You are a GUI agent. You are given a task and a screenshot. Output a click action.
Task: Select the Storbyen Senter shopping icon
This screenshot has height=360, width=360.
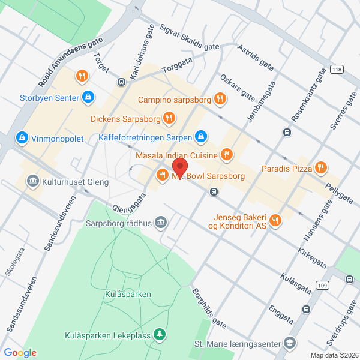click(x=88, y=96)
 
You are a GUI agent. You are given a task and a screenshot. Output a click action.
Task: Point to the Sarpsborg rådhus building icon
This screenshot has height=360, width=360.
click(x=160, y=223)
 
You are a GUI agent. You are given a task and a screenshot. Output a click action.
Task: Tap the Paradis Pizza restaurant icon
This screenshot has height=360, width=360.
click(x=322, y=168)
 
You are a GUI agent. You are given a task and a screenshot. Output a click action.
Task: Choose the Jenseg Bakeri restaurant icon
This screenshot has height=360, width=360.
click(x=275, y=220)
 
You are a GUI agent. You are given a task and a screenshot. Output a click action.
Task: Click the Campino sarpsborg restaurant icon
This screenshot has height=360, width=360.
click(x=220, y=99)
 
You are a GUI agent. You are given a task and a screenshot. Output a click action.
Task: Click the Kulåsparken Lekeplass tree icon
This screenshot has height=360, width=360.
click(x=160, y=334)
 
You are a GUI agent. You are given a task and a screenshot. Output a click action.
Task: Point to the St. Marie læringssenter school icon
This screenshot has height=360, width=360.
click(x=290, y=343)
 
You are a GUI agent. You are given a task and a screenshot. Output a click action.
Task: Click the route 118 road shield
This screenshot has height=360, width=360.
click(x=337, y=70)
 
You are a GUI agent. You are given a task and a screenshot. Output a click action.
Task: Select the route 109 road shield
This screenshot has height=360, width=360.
click(x=323, y=285)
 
